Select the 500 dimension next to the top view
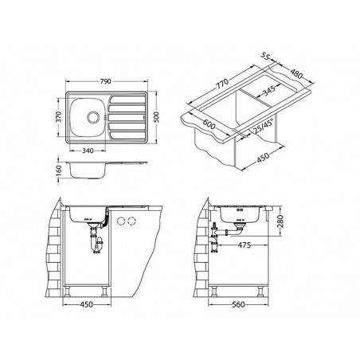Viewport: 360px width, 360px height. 158,116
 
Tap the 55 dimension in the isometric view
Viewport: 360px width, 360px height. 268,57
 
